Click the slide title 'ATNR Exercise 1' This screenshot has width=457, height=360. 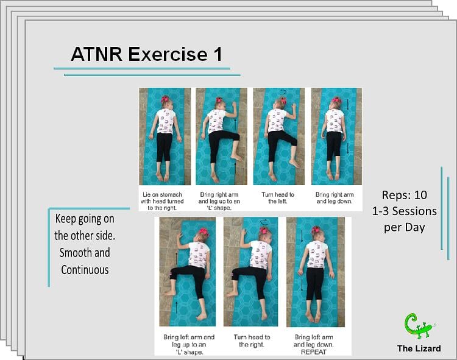(x=146, y=54)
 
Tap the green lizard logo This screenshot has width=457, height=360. (x=419, y=326)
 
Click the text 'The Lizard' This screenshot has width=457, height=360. (x=419, y=348)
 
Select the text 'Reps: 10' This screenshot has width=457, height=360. (x=405, y=196)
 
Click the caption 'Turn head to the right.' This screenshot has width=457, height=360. (x=251, y=341)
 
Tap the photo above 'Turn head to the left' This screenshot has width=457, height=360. (x=278, y=136)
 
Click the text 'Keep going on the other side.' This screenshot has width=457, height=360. (x=83, y=227)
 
